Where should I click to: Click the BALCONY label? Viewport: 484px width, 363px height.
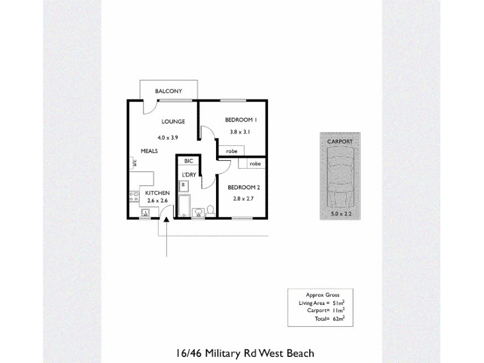coord(169,91)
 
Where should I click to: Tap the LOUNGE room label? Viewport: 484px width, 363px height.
coord(173,122)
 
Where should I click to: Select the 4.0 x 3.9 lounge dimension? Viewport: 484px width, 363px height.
coord(168,138)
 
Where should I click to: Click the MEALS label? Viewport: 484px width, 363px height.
coord(149,151)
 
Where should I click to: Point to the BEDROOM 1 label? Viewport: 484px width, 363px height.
coord(241,120)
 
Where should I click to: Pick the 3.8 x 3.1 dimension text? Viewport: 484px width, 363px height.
coord(240,132)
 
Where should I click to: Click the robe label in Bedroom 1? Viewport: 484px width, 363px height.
coord(232,151)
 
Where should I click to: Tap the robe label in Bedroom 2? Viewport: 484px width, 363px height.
coord(255,163)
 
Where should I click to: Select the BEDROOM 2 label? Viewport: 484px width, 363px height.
coord(244,188)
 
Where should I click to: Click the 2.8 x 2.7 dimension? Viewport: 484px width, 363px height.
coord(243,199)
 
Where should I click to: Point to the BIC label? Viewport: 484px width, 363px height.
coord(189,161)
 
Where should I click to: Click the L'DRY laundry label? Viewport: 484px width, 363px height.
coord(189,175)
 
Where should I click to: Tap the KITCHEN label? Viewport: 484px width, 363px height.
coord(157,193)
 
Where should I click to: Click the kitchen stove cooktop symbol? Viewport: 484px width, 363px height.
coord(134,197)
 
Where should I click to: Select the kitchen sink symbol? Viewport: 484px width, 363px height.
coord(145,212)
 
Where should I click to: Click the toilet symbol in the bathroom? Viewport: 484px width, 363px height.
coord(211,211)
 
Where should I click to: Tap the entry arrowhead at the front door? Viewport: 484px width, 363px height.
coord(166,220)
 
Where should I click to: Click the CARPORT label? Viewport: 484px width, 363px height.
coord(340,142)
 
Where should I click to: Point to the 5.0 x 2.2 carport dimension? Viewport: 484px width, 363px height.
coord(341,214)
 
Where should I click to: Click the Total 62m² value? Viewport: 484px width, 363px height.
coord(339,319)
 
